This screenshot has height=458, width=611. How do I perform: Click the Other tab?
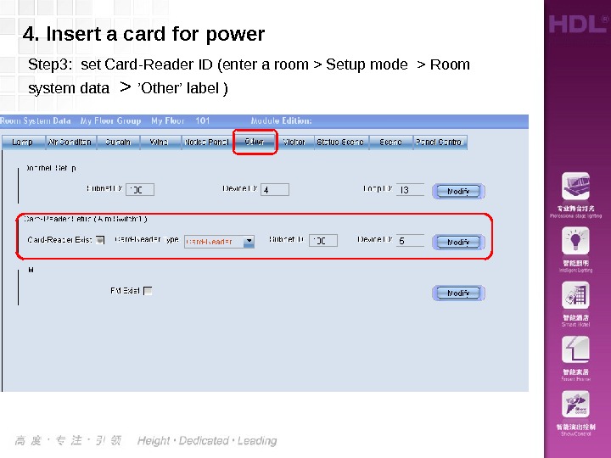(254, 142)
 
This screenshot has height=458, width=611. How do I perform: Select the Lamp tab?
(22, 142)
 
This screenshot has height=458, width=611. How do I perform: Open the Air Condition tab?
(70, 142)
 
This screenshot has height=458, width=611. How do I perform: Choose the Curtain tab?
(118, 142)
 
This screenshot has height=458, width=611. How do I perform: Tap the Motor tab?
(294, 142)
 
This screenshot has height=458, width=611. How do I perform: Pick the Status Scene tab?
(340, 142)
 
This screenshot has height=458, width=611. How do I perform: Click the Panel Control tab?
(439, 142)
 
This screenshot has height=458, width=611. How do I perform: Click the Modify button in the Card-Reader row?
(458, 242)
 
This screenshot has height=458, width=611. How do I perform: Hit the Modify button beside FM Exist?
(458, 293)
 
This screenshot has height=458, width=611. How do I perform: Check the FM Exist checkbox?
(148, 291)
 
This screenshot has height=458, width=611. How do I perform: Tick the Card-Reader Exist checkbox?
(100, 240)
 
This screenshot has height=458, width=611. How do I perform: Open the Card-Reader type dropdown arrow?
(249, 241)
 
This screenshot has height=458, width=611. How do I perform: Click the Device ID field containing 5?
(409, 241)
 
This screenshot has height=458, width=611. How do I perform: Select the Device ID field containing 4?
(274, 190)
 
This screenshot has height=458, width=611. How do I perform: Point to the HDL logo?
(577, 23)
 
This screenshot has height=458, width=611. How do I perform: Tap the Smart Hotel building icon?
(576, 297)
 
